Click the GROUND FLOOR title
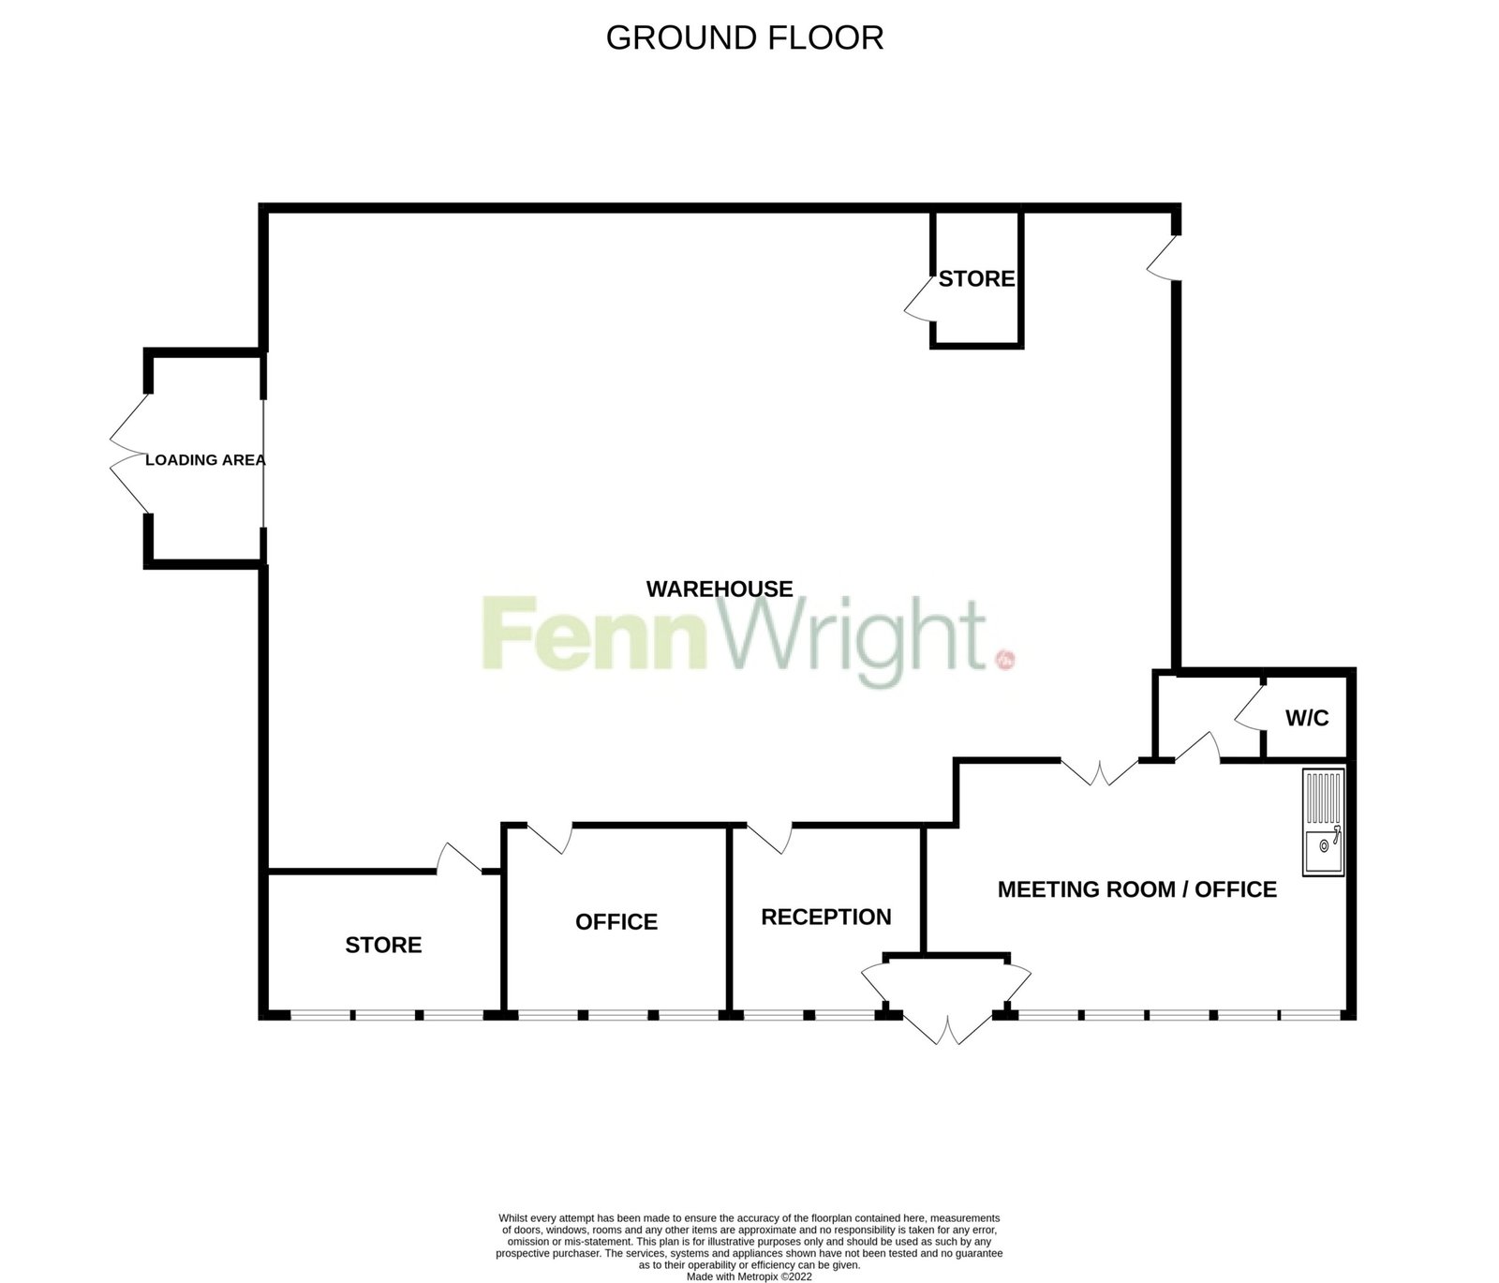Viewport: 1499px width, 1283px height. click(745, 37)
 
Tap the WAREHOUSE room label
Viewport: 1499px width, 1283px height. click(720, 589)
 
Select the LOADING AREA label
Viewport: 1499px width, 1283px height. click(205, 460)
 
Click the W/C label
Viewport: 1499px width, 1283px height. click(1307, 719)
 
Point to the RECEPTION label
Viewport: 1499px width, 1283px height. click(826, 917)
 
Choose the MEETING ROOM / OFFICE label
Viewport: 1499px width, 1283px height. click(1137, 889)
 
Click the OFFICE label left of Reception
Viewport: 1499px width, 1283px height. click(616, 922)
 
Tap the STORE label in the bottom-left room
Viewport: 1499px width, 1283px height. click(383, 945)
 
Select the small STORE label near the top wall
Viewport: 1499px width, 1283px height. click(977, 278)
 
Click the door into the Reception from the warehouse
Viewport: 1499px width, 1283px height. click(770, 838)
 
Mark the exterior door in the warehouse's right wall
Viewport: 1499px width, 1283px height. click(1163, 256)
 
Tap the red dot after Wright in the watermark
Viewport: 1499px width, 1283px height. click(1006, 660)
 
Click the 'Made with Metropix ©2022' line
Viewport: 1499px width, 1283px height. click(749, 1276)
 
